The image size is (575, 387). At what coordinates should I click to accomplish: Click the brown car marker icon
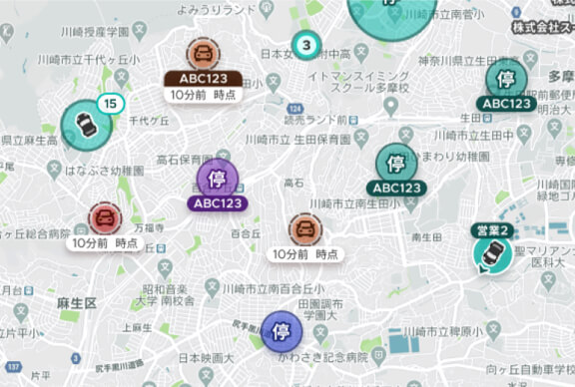coord(203,54)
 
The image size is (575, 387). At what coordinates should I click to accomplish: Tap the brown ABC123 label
coord(203,78)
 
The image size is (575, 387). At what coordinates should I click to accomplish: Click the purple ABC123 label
coord(217,203)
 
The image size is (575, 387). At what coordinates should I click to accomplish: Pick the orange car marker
coord(305,230)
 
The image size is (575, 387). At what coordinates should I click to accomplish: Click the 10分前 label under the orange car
coord(306,254)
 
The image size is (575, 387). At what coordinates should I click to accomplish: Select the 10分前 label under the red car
coord(105,242)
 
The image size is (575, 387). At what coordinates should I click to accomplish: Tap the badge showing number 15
coord(110,103)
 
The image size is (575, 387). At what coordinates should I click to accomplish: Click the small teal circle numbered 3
coord(305,45)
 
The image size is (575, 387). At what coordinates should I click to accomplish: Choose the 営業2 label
coord(492,230)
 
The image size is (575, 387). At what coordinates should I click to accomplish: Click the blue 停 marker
coord(281,331)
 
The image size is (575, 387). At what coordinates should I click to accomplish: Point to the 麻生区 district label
coord(76,301)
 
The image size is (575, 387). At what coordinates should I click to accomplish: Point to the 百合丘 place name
coord(245,232)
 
